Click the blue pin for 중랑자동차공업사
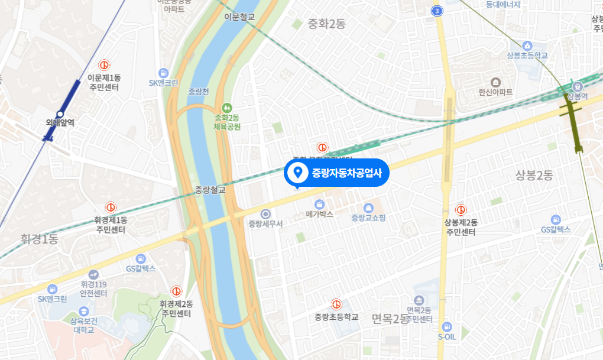click(298, 173)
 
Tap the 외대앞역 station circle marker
click(60, 114)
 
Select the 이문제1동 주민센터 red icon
click(103, 64)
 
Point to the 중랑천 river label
click(199, 92)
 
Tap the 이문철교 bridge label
click(239, 17)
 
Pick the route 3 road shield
click(436, 11)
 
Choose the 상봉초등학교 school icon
click(527, 46)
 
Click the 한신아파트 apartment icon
click(495, 82)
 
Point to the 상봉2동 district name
click(533, 175)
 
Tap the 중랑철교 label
click(210, 190)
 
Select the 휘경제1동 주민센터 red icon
click(111, 207)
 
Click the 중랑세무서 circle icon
click(265, 213)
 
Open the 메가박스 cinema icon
click(320, 204)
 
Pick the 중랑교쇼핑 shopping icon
click(368, 207)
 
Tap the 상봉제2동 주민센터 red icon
click(461, 209)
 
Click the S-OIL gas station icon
click(447, 326)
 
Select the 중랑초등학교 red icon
click(336, 304)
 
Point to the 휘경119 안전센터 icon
click(93, 274)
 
